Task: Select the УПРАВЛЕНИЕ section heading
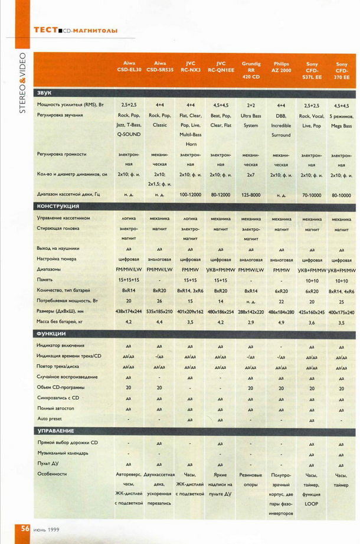(x=55, y=431)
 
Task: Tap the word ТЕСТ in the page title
(x=45, y=29)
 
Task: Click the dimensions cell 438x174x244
(x=129, y=311)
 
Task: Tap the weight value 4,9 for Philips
(x=282, y=322)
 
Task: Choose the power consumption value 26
(x=159, y=301)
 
